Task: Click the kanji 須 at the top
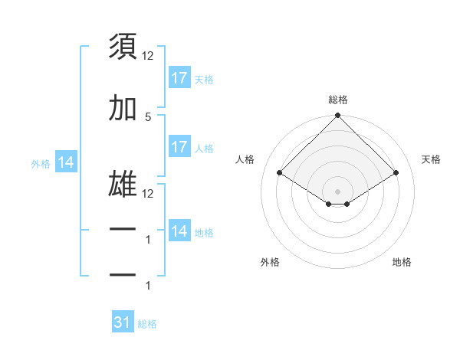tap(123, 47)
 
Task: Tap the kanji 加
tap(123, 109)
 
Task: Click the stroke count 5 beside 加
tap(148, 116)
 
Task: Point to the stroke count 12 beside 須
tap(148, 55)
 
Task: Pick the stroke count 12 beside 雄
tap(148, 194)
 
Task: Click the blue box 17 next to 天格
tap(179, 78)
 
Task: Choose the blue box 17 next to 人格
tap(179, 147)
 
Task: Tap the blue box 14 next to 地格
tap(179, 231)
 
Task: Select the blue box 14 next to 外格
tap(65, 162)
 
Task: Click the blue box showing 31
tap(123, 323)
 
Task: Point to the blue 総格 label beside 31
tap(147, 324)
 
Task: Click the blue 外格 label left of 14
tap(41, 163)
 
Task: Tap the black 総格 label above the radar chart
tap(338, 100)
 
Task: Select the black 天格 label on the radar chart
tap(431, 159)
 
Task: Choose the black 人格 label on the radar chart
tap(245, 159)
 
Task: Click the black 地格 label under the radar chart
tap(402, 262)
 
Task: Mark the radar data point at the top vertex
tap(338, 116)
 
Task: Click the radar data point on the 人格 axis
tap(280, 173)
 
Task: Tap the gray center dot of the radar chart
tap(338, 191)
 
